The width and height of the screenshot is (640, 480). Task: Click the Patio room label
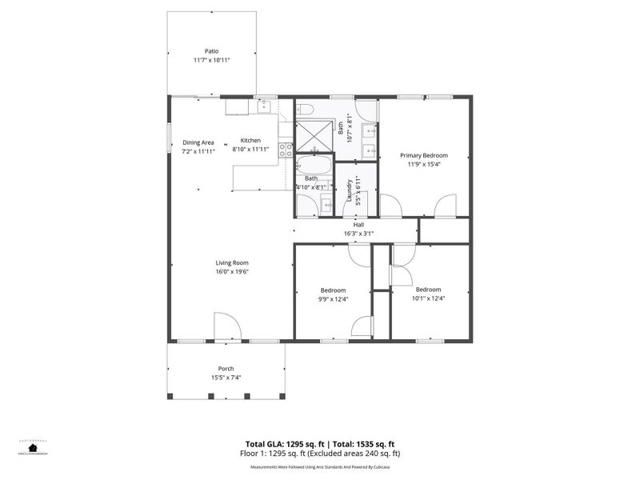point(211,51)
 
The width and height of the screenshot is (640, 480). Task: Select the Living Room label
point(232,262)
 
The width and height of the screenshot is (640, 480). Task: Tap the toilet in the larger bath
point(305,110)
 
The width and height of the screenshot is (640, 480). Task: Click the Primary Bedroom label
point(424,155)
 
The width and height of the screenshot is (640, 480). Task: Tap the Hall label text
point(358,225)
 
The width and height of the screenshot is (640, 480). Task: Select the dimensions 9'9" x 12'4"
point(334,298)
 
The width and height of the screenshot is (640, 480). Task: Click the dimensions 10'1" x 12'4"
point(428,298)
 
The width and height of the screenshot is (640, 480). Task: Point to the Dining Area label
point(198,142)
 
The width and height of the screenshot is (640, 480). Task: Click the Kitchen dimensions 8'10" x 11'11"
point(251,150)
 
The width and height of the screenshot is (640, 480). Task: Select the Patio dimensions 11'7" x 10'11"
point(211,61)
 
